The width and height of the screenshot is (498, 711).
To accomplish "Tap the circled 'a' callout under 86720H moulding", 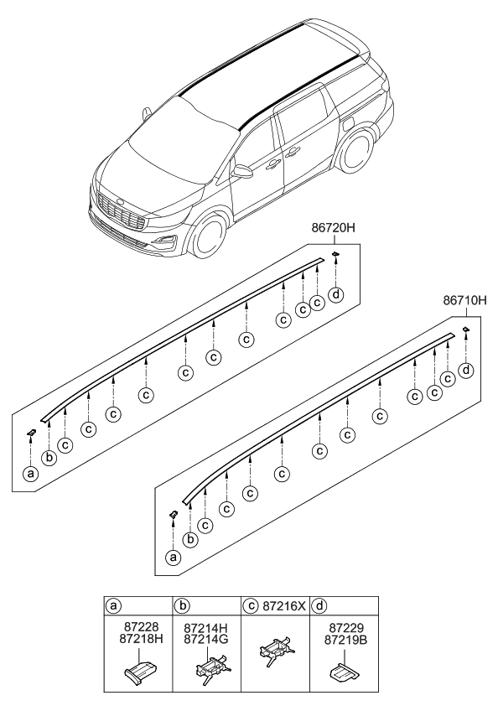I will point(30,473).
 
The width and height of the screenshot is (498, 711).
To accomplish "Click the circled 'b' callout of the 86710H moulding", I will point(191,539).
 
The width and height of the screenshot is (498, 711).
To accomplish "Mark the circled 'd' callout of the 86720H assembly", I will point(336,293).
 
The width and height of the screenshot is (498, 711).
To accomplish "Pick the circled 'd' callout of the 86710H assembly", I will point(466,370).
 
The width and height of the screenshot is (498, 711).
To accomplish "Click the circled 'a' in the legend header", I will point(112,605).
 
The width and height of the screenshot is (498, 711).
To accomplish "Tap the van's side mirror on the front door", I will point(242,172).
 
